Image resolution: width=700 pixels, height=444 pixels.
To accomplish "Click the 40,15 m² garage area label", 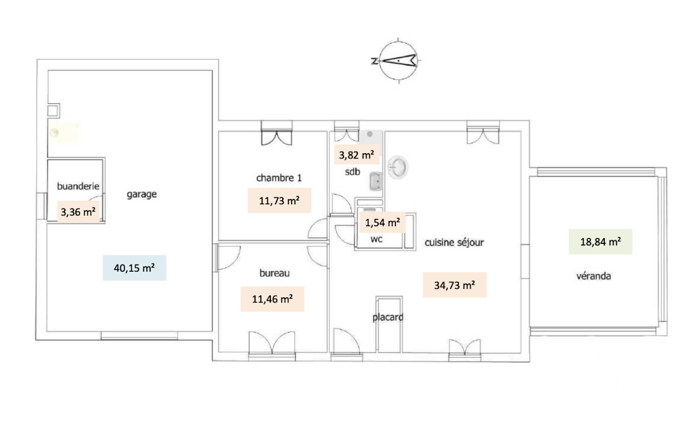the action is (135, 268).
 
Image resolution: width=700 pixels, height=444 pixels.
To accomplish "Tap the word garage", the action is (141, 195).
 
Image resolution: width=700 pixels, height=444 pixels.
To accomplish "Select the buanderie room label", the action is (78, 186).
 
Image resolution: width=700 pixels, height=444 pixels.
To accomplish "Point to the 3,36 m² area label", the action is (78, 212).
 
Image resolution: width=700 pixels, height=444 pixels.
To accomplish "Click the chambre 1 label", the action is (279, 178).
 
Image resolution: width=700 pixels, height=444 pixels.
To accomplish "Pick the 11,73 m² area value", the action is (279, 201).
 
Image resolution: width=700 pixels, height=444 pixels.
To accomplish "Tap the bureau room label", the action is (275, 273).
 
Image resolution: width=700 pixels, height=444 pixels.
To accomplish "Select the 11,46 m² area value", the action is (272, 299).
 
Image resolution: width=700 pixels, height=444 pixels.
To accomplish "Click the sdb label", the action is (352, 171).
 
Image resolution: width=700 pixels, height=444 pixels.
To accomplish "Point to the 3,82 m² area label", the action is (356, 155).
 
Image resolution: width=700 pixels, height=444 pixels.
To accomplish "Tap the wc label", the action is (376, 240).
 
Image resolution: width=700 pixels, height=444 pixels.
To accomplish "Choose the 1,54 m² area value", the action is (382, 223).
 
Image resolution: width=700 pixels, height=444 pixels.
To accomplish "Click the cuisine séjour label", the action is (454, 242).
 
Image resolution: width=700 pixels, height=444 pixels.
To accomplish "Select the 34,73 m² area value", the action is (454, 285).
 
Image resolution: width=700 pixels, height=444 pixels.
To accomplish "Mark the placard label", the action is (388, 317).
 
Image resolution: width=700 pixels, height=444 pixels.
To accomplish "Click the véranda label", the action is (593, 276).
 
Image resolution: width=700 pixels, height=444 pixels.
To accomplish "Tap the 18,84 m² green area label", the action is (600, 242).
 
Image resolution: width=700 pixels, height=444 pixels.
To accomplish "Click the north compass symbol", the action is (398, 60).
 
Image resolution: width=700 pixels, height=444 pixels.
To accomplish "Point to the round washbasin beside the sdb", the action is (397, 167).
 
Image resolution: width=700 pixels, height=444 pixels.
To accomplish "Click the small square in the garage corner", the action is (53, 111).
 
